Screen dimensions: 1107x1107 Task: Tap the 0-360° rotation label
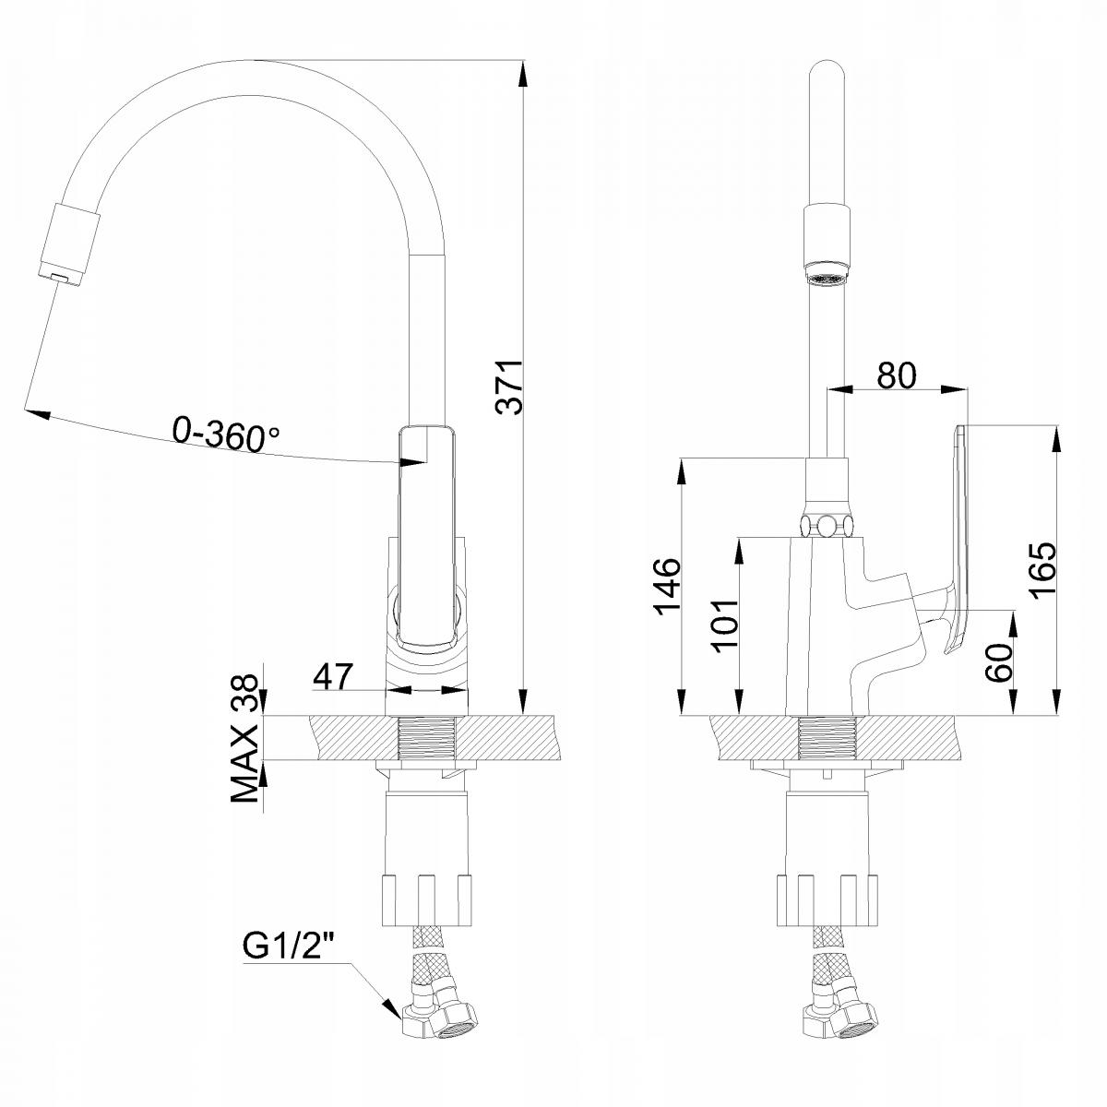pos(226,435)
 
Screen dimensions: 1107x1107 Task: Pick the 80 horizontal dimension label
pos(897,375)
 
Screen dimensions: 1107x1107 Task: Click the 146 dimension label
pos(667,587)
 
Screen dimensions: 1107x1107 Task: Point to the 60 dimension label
pos(999,662)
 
